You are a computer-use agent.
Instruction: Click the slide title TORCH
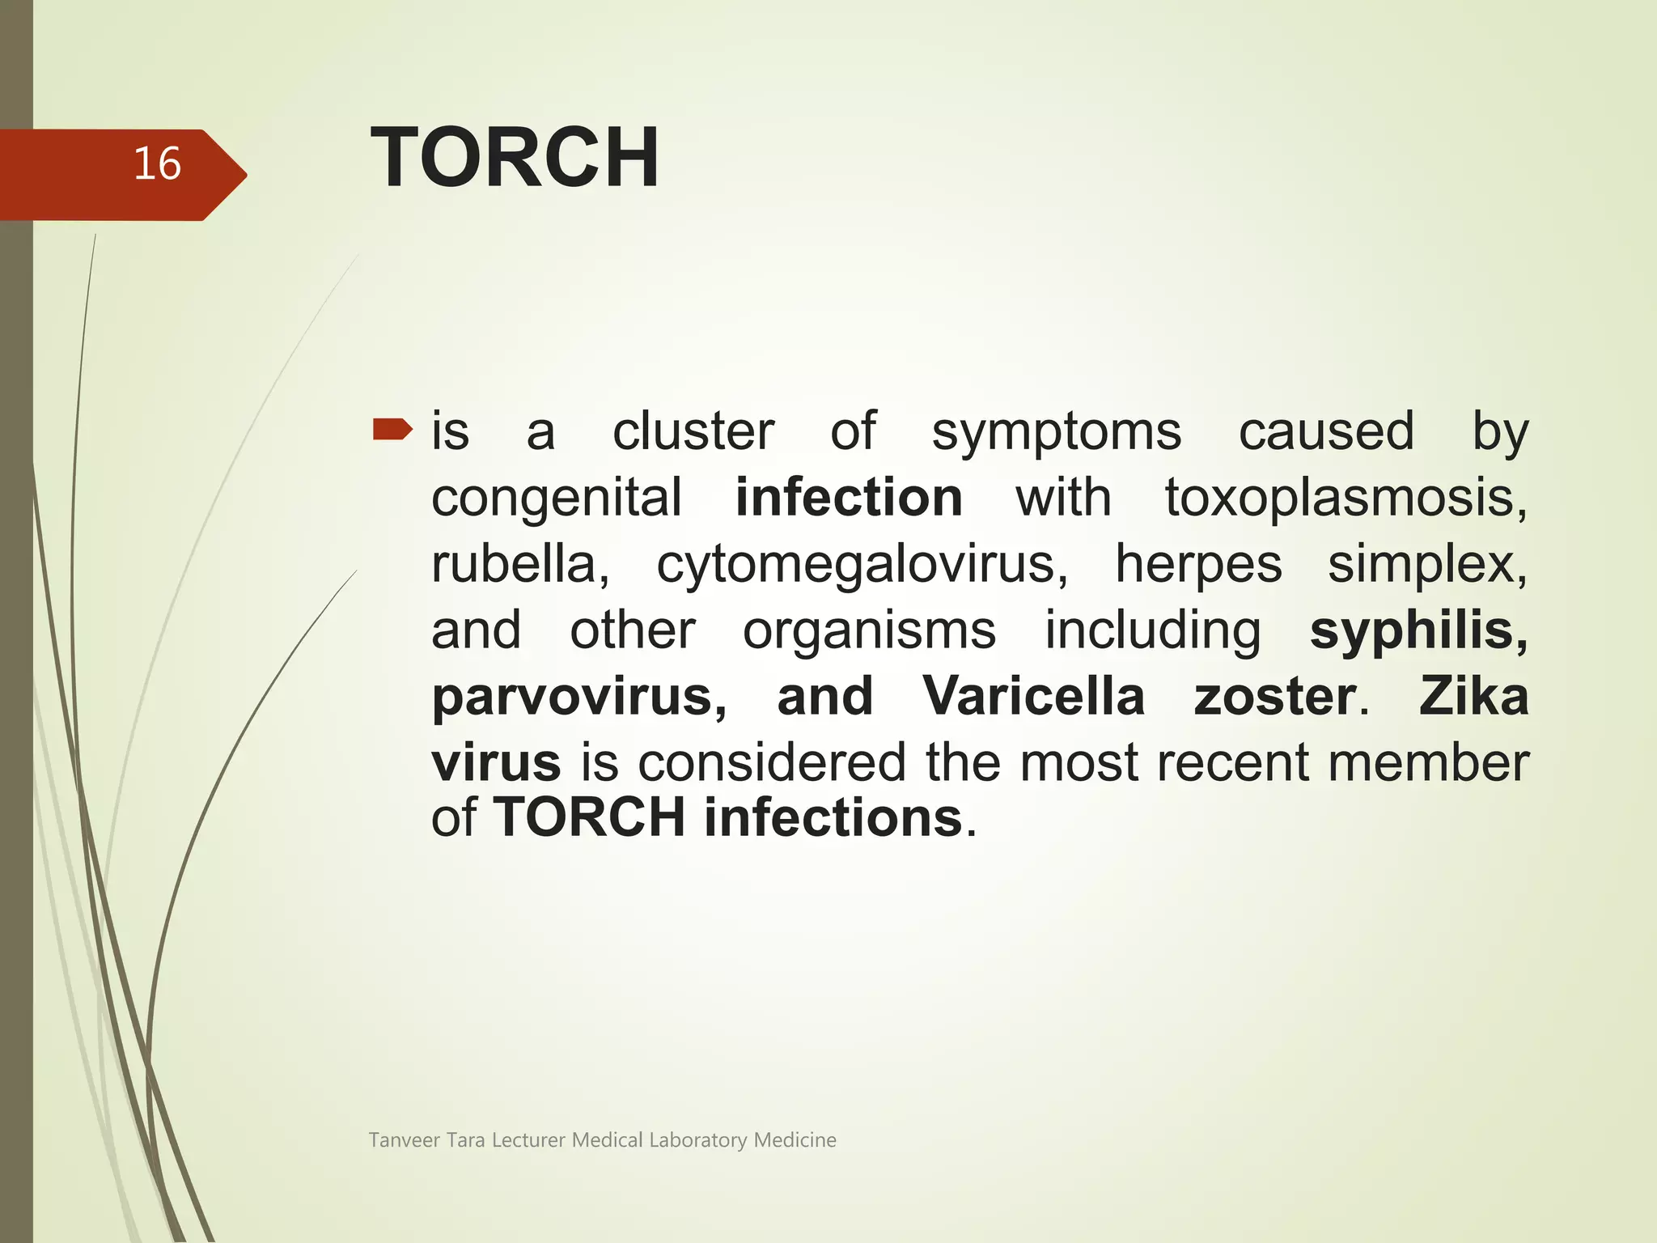coord(515,158)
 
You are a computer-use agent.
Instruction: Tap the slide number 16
coord(157,163)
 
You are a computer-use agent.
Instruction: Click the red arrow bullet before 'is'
coord(392,430)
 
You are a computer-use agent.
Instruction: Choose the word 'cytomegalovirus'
coord(862,564)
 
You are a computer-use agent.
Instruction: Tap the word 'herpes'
coord(1198,564)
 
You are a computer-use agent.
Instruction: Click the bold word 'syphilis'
coord(1418,630)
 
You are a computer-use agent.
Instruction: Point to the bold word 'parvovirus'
coord(578,697)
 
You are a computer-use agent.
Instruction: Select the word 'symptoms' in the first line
coord(1056,432)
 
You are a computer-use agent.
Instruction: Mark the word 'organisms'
coord(869,631)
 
